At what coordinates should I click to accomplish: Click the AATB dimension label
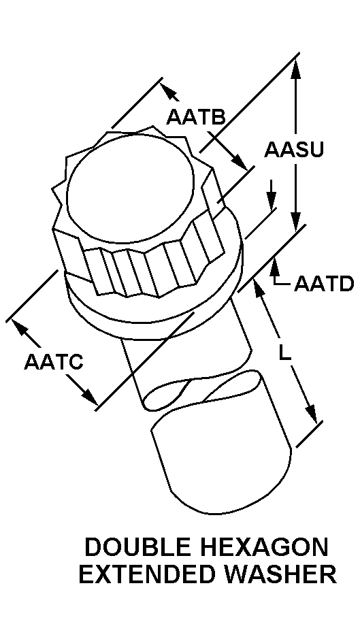click(x=196, y=117)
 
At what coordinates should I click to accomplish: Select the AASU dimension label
click(x=294, y=150)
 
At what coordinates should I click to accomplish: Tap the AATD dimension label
click(x=324, y=284)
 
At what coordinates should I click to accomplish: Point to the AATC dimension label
click(x=53, y=361)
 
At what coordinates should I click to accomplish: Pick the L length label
click(x=285, y=353)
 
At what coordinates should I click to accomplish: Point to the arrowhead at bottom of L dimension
click(x=311, y=413)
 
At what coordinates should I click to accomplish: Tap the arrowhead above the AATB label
click(x=169, y=91)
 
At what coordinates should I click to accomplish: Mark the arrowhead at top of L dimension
click(x=259, y=290)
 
